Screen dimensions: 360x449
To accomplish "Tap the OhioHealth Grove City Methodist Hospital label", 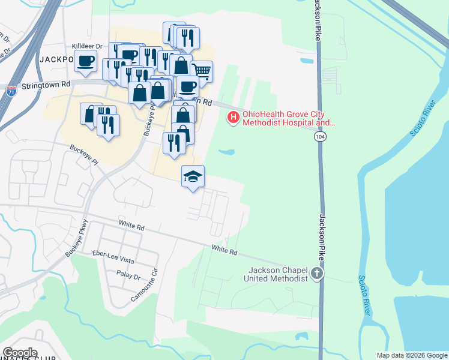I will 288,118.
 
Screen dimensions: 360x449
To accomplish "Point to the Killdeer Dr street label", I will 88,46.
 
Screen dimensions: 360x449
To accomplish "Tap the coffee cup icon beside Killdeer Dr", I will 86,60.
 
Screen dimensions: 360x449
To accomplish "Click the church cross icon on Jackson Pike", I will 317,274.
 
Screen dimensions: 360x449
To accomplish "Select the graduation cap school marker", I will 193,176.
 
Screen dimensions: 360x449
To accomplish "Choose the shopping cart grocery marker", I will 202,71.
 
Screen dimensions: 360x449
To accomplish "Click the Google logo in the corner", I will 20,353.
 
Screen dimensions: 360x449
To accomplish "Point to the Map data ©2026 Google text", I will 412,355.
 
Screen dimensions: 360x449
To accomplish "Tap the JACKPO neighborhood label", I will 56,59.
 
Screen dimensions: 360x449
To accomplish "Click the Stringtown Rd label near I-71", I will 46,86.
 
